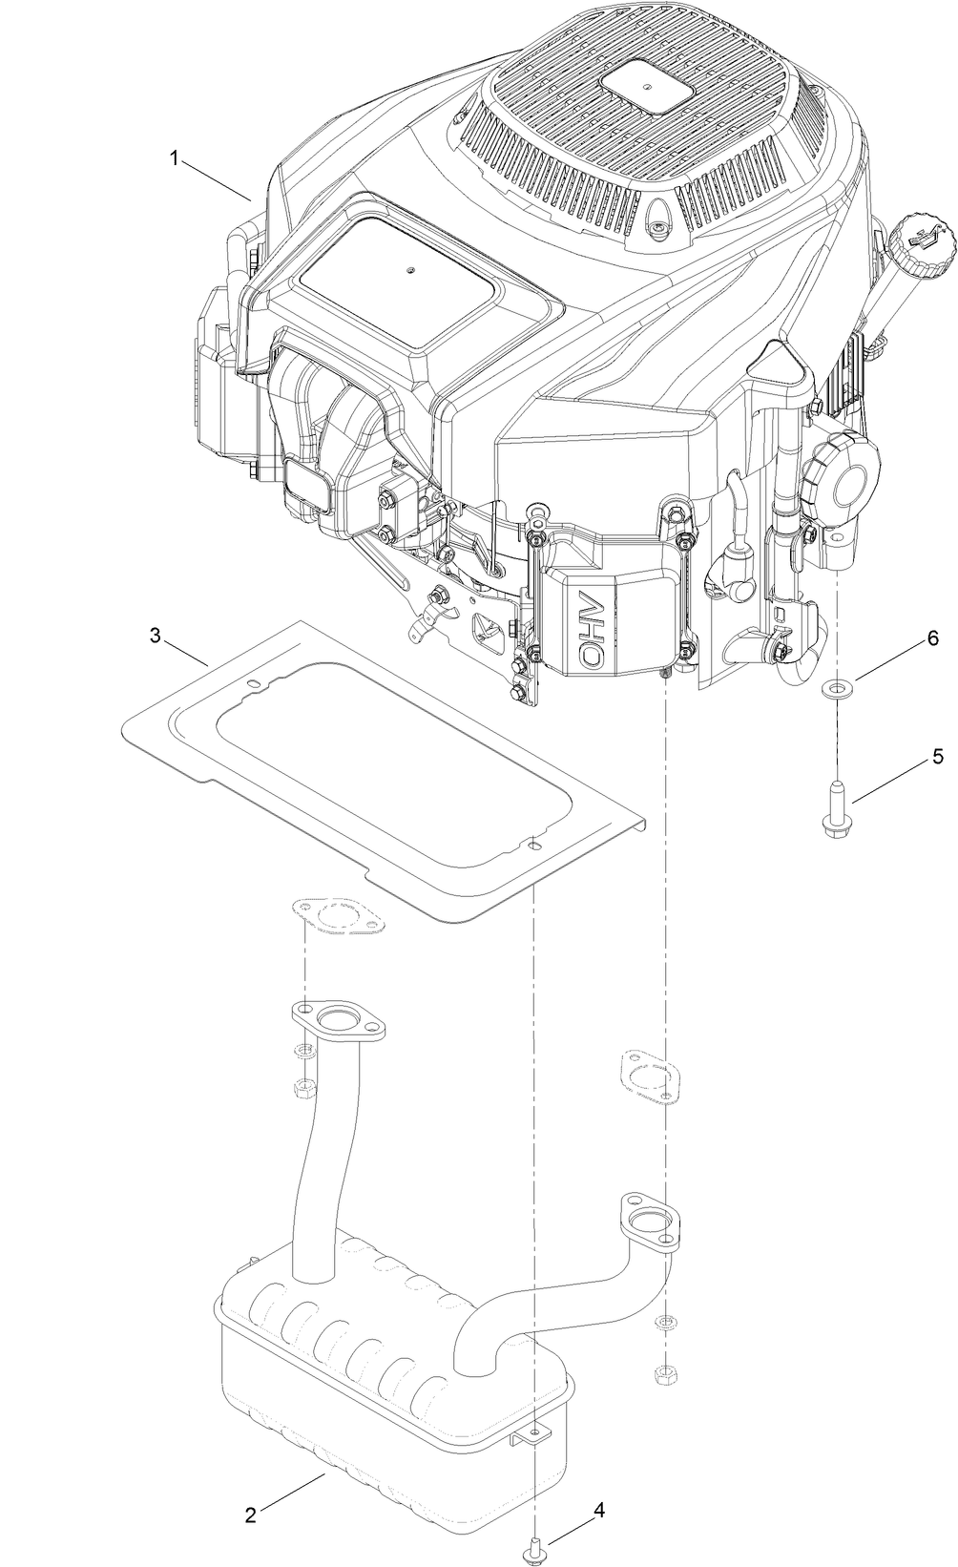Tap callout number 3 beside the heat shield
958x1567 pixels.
tap(155, 635)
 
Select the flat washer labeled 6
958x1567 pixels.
tap(838, 687)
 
